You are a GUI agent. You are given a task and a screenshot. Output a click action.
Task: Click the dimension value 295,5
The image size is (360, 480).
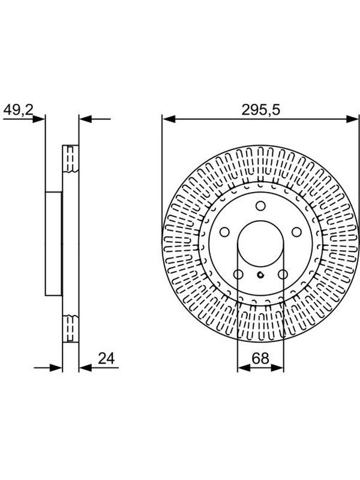tap(261, 110)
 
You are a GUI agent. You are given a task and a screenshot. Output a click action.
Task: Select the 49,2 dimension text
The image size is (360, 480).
tap(18, 110)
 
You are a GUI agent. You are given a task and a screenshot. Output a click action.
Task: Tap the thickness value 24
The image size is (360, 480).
tap(106, 358)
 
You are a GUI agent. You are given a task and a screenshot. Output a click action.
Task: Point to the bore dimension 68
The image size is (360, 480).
tap(260, 358)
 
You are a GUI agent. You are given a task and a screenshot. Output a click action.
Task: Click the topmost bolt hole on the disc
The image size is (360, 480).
tap(260, 206)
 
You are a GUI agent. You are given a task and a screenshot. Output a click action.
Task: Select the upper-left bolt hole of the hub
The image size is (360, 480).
tap(224, 232)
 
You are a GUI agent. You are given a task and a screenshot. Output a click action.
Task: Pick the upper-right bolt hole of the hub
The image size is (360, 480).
tap(296, 232)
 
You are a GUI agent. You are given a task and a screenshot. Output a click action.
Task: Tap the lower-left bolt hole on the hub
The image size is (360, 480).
tap(238, 274)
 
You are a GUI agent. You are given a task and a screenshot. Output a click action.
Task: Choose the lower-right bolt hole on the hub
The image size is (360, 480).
tap(283, 274)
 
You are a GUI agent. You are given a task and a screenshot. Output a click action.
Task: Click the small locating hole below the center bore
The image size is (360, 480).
tap(260, 275)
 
